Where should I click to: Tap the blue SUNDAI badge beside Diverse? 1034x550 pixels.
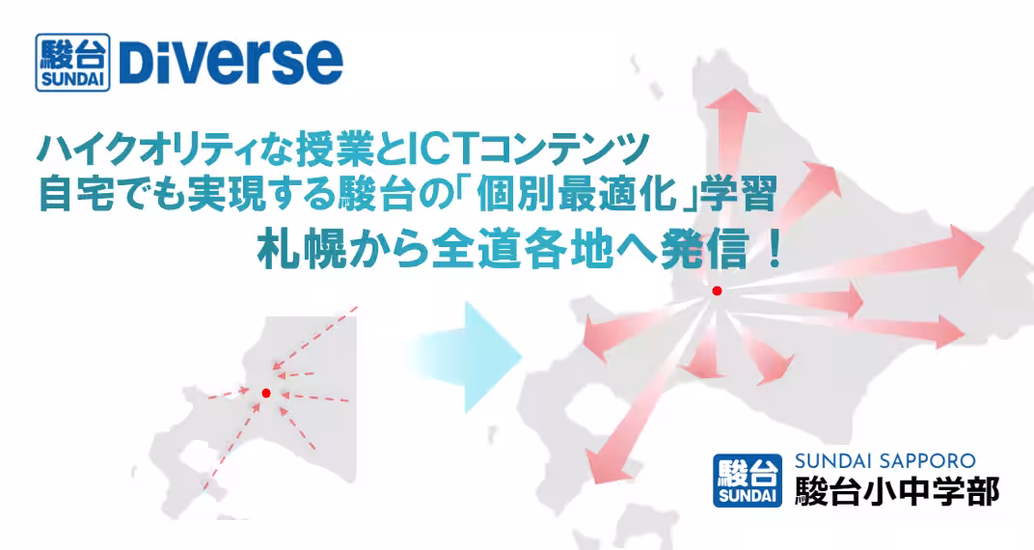(72, 62)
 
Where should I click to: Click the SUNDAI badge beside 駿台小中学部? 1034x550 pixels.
(748, 481)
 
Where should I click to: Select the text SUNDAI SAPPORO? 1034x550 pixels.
(884, 461)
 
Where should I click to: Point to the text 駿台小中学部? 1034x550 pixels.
(897, 490)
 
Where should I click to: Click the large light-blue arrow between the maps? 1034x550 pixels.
(465, 357)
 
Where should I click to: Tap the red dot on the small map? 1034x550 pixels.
(266, 393)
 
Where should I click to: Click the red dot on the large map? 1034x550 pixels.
(717, 290)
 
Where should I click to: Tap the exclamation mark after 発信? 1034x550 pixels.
(775, 252)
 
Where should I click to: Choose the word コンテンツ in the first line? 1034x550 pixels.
(561, 151)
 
